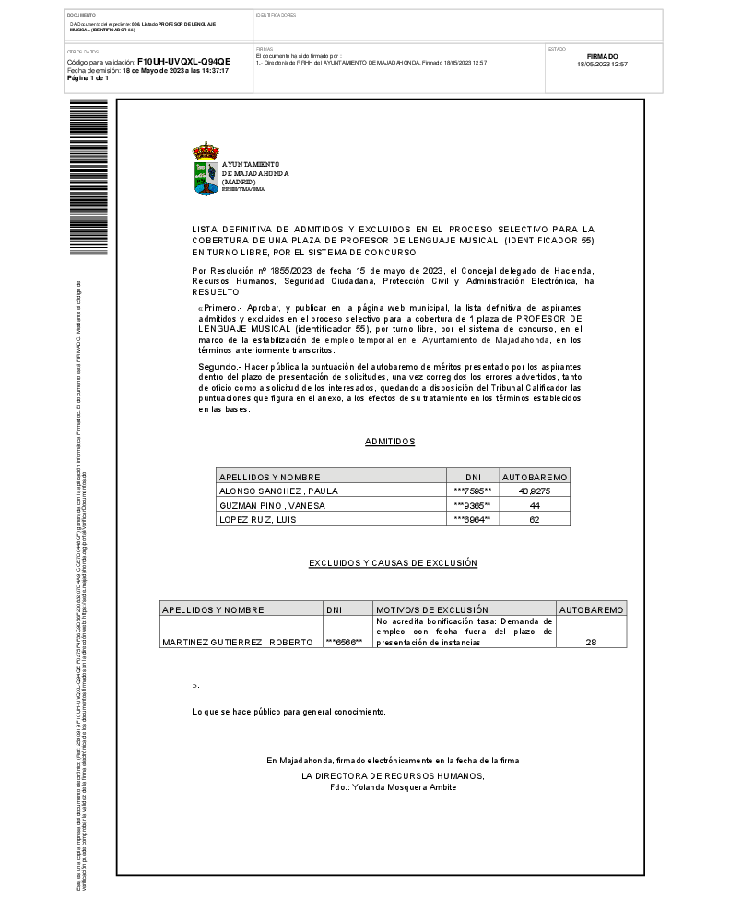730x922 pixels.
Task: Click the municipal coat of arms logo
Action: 206,169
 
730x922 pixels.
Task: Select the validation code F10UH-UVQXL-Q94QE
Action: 183,61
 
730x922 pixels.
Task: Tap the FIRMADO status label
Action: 602,56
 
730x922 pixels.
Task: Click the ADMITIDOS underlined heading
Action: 390,442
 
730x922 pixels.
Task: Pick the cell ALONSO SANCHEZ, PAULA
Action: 265,491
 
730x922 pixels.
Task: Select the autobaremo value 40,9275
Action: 535,491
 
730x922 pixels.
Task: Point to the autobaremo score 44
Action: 535,505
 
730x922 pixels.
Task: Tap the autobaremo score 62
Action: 535,519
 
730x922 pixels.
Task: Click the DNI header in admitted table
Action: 474,477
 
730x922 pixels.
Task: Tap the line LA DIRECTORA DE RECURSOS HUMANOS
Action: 393,776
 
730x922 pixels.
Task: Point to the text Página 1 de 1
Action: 88,78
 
